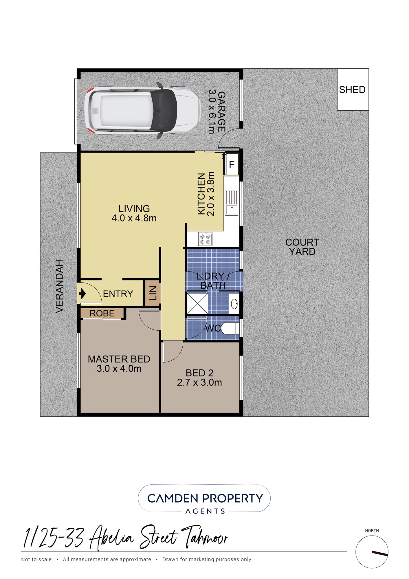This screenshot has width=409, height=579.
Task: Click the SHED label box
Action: tap(353, 89)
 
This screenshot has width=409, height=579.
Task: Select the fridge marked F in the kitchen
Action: tap(232, 164)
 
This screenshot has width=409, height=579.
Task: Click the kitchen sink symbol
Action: tap(232, 203)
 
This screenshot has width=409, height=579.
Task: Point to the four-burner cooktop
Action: tap(205, 239)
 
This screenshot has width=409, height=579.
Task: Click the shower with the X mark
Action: tap(197, 303)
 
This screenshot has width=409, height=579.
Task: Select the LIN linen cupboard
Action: tap(153, 293)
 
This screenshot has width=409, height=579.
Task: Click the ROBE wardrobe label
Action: tap(102, 313)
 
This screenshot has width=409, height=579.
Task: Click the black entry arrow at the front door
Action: tap(82, 294)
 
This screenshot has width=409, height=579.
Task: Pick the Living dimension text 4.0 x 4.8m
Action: tap(134, 218)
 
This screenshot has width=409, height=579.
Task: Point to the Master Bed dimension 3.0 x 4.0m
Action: tap(119, 369)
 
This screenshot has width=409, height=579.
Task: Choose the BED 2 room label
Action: tap(199, 373)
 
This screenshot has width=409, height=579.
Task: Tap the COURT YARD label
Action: tap(302, 247)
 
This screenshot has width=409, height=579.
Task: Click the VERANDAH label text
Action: tap(59, 286)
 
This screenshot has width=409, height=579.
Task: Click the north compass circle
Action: tap(372, 552)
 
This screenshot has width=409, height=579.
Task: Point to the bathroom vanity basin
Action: tap(234, 304)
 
